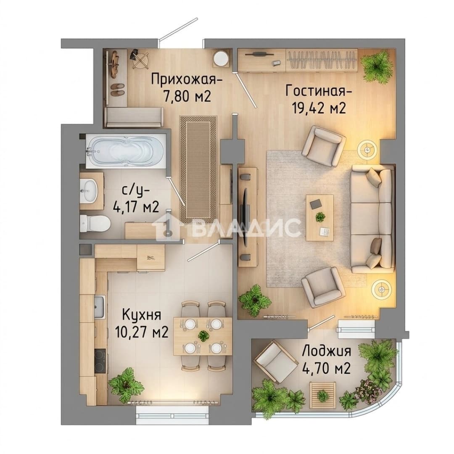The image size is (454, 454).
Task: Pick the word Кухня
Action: tap(142, 315)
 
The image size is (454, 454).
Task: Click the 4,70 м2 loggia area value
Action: tap(326, 369)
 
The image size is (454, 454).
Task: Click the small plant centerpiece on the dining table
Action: tap(203, 336)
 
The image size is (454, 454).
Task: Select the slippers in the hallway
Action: tap(118, 90)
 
